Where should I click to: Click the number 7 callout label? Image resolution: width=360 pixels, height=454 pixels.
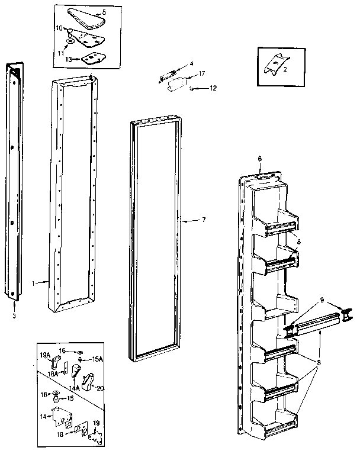coord(204,220)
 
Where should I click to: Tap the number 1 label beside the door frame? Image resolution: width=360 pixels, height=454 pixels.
coord(34,283)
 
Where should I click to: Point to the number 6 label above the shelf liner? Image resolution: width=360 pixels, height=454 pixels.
coord(259,159)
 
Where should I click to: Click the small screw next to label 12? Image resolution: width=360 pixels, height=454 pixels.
coord(192,88)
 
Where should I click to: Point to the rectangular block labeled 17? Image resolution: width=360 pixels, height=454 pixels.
coord(176,85)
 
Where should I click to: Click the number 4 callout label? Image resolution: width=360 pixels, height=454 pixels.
coord(191,63)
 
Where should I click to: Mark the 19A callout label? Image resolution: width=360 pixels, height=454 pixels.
coord(44,355)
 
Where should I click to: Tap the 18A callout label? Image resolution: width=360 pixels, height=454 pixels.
coord(52,374)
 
